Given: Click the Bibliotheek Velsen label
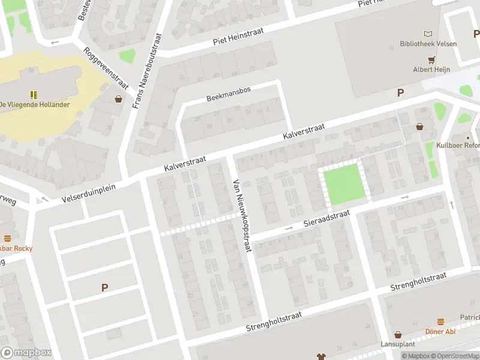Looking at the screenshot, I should [428, 44].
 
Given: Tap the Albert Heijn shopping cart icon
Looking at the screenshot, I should [431, 59].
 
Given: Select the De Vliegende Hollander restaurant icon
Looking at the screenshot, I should [34, 94].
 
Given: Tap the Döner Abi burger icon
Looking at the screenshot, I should [440, 322].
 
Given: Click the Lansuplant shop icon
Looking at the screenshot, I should [398, 335].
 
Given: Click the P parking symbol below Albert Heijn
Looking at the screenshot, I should [400, 92].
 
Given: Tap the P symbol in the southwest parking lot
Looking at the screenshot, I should [104, 288].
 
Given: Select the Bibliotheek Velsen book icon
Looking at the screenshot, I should [428, 34].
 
